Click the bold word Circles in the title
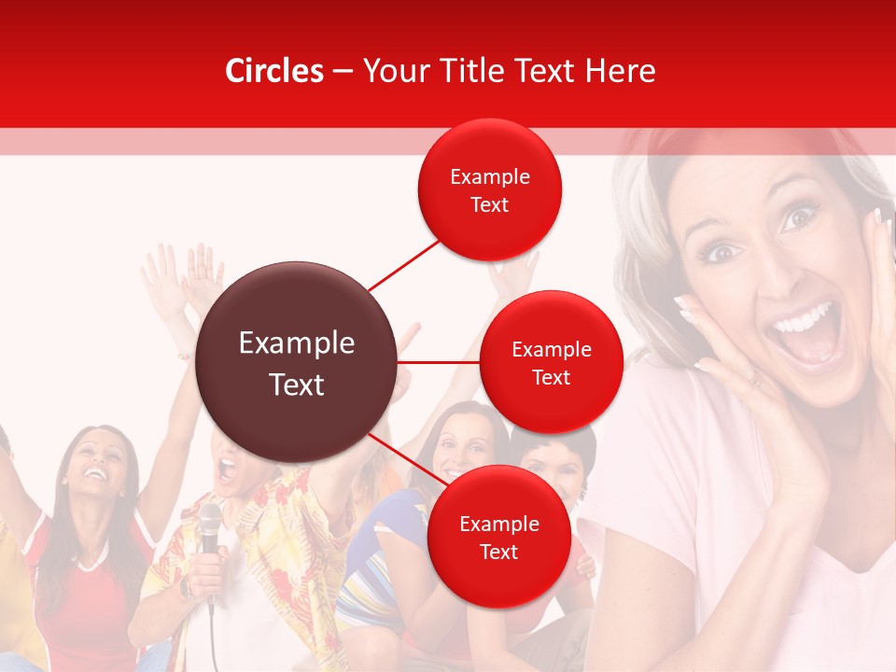tap(273, 71)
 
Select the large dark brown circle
tap(297, 362)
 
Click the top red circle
tap(490, 189)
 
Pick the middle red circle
tap(551, 362)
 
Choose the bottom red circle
tap(498, 536)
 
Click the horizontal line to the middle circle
tap(439, 362)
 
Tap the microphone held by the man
tap(210, 523)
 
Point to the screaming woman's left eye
tap(800, 217)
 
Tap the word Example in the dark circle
tap(297, 343)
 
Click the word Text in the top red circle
tap(490, 204)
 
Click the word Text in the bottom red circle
tap(498, 552)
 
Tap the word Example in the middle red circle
tap(551, 349)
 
